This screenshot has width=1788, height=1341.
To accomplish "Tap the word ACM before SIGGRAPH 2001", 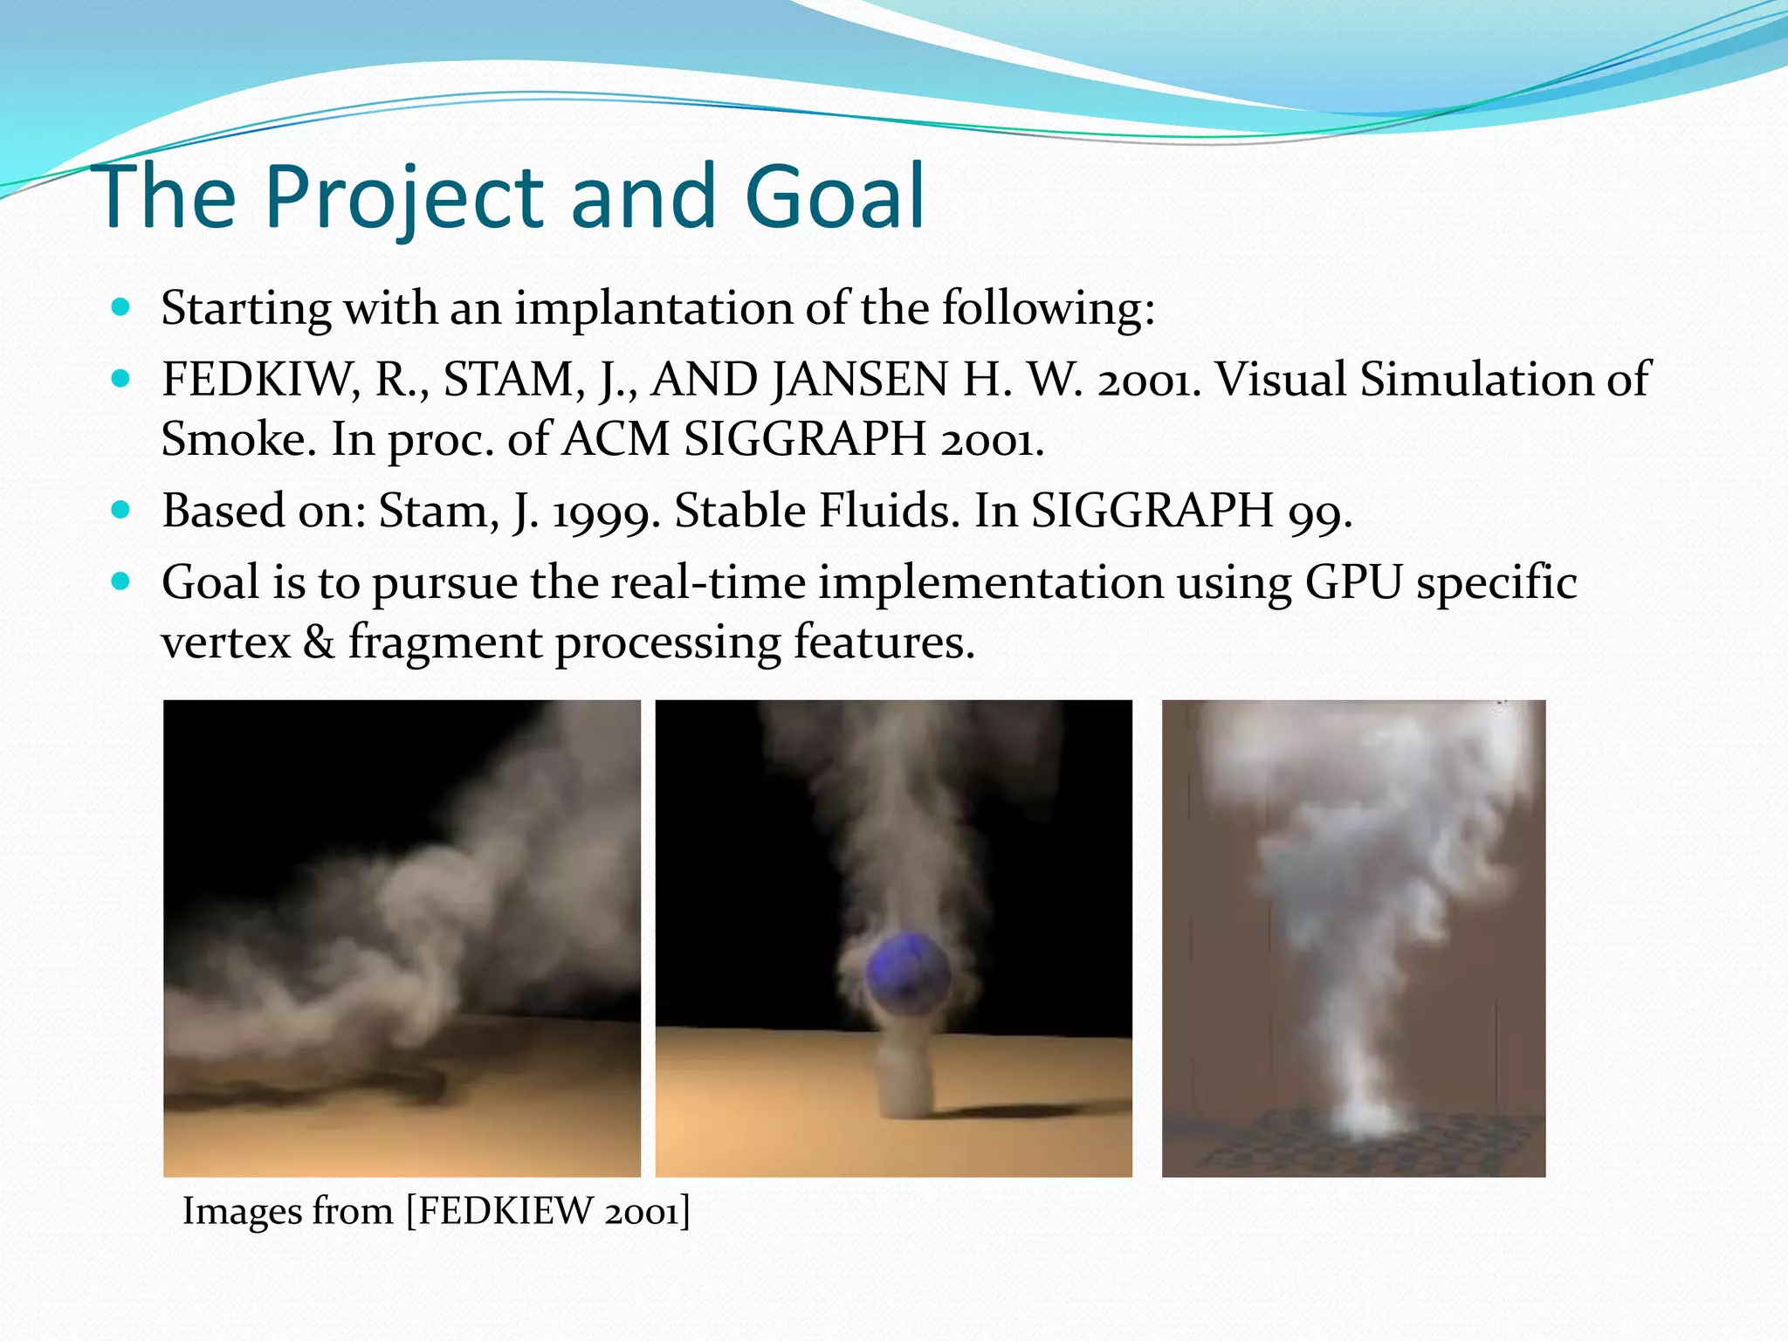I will pos(615,439).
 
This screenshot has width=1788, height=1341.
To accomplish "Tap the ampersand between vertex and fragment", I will pos(319,643).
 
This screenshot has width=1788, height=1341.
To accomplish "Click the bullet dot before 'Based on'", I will pos(121,510).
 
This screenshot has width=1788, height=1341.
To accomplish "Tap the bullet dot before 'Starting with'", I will pos(121,307).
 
